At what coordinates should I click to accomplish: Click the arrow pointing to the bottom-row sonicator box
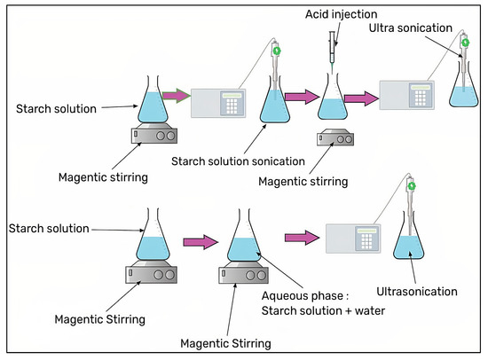[x=301, y=238]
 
